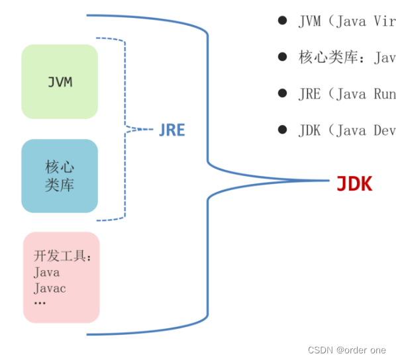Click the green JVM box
(60, 82)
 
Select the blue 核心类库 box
(60, 175)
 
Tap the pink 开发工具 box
(61, 277)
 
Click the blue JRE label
(172, 130)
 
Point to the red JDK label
(354, 184)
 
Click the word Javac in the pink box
(50, 288)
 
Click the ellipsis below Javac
(40, 303)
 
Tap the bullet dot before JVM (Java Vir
(282, 21)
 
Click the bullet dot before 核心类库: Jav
(282, 57)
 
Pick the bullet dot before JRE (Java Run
(282, 93)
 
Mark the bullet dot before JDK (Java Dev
(282, 130)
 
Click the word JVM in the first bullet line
(310, 21)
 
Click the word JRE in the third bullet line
(310, 94)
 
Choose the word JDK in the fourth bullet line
(310, 130)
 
